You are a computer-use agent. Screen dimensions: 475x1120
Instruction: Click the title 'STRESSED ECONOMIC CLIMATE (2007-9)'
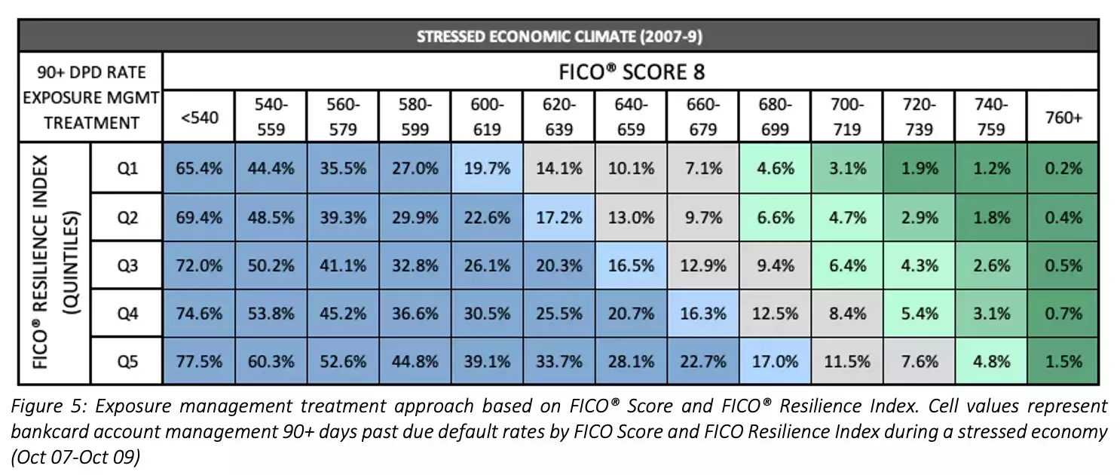(x=559, y=36)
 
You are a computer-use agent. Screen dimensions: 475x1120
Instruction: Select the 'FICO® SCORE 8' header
(x=631, y=72)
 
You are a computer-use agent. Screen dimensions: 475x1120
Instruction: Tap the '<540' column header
(x=199, y=118)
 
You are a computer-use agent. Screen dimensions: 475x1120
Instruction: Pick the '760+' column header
(x=1063, y=118)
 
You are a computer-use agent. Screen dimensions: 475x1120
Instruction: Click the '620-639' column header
(x=558, y=118)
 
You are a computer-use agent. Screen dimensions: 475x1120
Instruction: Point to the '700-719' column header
(x=846, y=118)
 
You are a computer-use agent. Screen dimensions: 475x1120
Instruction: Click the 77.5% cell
(x=199, y=361)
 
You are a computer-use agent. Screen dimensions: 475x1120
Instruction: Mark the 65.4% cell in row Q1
(x=199, y=169)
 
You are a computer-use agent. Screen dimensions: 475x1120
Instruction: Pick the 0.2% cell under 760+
(x=1063, y=169)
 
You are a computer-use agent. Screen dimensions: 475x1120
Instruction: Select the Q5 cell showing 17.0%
(x=775, y=361)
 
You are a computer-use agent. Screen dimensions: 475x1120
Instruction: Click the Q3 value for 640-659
(x=631, y=265)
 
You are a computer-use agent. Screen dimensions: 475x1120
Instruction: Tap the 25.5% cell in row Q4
(x=558, y=314)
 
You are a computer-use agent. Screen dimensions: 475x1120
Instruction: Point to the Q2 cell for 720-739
(x=919, y=217)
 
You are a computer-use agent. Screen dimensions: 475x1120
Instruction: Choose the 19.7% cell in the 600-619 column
(x=487, y=169)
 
